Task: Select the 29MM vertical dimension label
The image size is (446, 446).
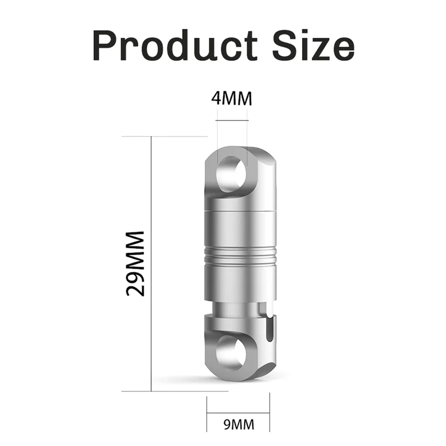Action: tap(135, 263)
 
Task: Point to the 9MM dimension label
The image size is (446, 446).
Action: tap(238, 425)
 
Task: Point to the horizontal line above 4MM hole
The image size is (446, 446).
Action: tap(232, 119)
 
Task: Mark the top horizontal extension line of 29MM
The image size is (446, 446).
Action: tap(167, 136)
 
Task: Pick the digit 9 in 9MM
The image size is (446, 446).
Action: tap(227, 425)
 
